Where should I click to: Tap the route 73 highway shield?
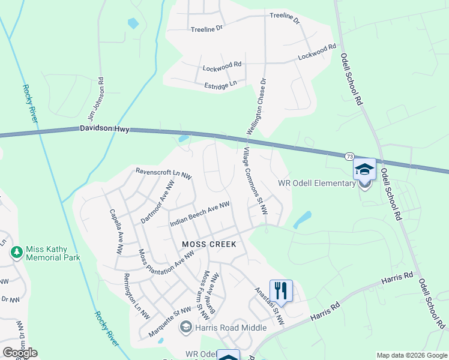coord(349,157)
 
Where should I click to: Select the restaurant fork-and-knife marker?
coord(280,291)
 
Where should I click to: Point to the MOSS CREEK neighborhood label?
coord(209,244)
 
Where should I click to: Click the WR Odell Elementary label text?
coord(316,183)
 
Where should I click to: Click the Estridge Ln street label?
coord(221,86)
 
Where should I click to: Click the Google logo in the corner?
coord(20,353)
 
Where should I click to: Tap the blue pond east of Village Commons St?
coord(303,220)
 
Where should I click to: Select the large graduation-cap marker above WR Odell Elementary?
coord(364,170)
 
